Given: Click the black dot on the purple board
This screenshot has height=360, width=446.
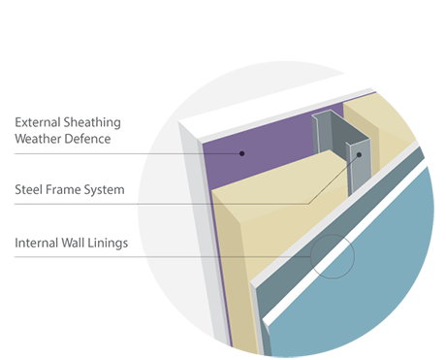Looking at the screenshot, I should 242,153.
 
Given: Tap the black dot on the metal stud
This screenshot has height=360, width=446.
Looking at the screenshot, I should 358,154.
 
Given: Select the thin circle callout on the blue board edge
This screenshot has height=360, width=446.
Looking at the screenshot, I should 333,256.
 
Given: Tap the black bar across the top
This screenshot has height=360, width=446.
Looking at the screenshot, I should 223,29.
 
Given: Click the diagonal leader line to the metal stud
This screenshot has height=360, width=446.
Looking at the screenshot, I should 330,180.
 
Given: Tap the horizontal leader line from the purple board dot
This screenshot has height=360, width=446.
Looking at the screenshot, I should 194,153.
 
